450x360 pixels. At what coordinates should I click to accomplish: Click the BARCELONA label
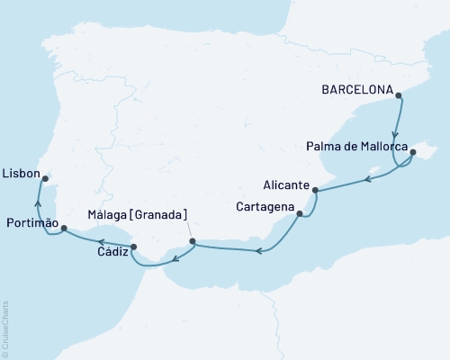(x=356, y=90)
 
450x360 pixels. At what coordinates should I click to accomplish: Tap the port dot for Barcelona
(x=399, y=94)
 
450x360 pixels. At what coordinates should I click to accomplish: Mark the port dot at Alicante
(x=315, y=189)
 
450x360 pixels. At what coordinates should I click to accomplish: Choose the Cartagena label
(x=266, y=208)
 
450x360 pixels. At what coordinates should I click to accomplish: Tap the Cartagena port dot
(x=301, y=214)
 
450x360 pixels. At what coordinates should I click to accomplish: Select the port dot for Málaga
(x=193, y=241)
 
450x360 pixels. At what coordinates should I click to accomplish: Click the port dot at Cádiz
(x=134, y=247)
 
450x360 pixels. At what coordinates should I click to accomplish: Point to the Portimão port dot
(x=63, y=229)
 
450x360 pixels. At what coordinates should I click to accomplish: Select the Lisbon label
(x=20, y=171)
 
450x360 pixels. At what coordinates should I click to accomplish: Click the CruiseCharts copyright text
(x=4, y=328)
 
